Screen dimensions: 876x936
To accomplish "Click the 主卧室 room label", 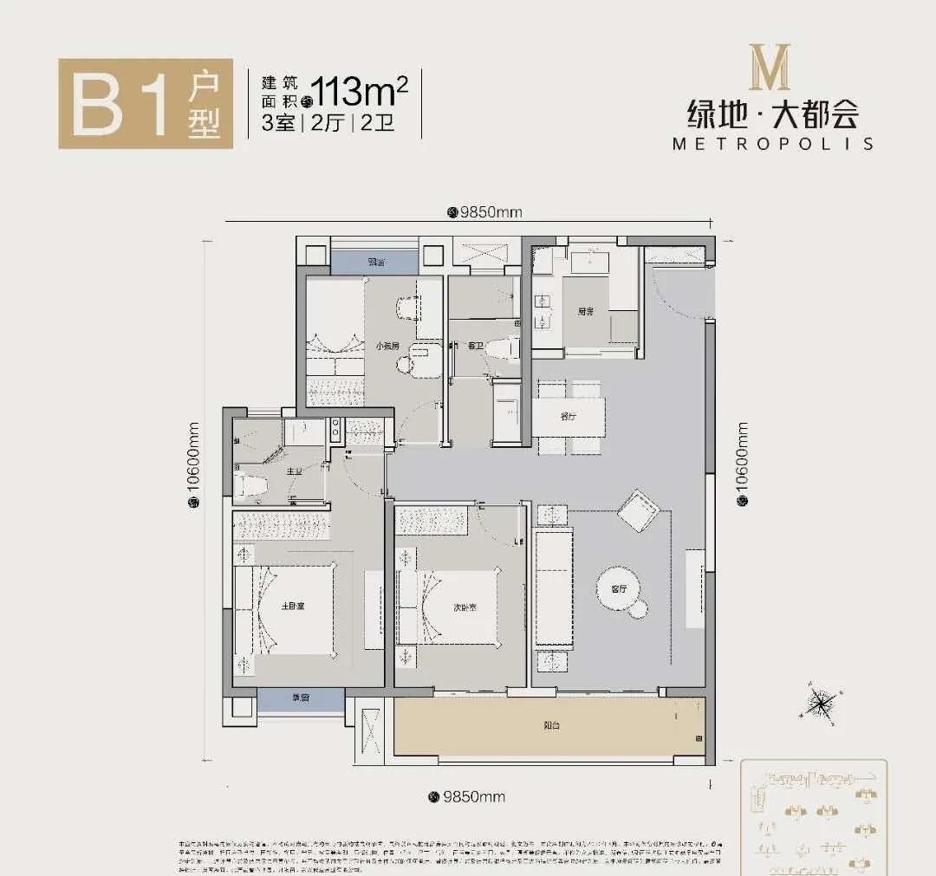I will (x=292, y=605).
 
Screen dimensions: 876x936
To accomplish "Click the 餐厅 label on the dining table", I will (x=568, y=417).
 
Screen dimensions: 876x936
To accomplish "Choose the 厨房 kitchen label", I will (x=586, y=310).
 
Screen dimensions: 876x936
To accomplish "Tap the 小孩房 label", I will (x=387, y=346).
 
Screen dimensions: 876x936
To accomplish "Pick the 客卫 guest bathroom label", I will (x=475, y=346).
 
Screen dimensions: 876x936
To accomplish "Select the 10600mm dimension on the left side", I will (x=193, y=469).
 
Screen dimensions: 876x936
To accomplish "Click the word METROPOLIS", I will (x=772, y=144).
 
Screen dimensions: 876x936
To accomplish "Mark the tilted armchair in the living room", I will (x=641, y=509).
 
